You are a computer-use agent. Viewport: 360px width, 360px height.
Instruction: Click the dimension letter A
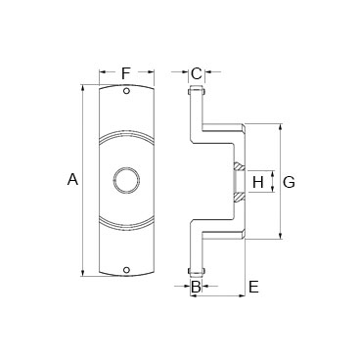[72, 179]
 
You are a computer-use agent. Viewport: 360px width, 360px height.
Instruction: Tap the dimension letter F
[126, 73]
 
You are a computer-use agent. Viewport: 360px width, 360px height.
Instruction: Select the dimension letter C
[197, 73]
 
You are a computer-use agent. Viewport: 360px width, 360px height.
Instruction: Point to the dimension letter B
[196, 287]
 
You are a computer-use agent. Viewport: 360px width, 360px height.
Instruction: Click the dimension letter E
[253, 287]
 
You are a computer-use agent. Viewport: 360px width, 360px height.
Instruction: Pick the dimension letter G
[289, 182]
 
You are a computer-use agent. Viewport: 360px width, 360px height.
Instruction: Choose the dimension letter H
[258, 182]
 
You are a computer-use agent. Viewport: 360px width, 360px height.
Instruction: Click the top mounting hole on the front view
[126, 91]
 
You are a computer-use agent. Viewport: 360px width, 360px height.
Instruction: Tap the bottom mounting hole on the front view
[126, 270]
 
